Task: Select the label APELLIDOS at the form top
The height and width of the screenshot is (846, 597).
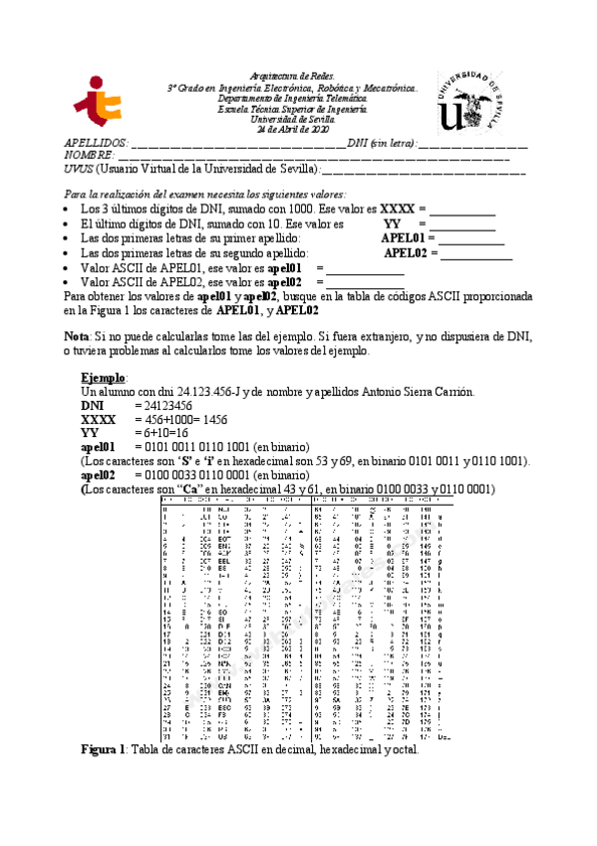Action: coord(96,144)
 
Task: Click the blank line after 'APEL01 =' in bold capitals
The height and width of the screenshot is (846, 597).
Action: coord(470,240)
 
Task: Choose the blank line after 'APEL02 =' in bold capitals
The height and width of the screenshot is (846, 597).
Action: coord(475,254)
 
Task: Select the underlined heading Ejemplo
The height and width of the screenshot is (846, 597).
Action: coord(103,379)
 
